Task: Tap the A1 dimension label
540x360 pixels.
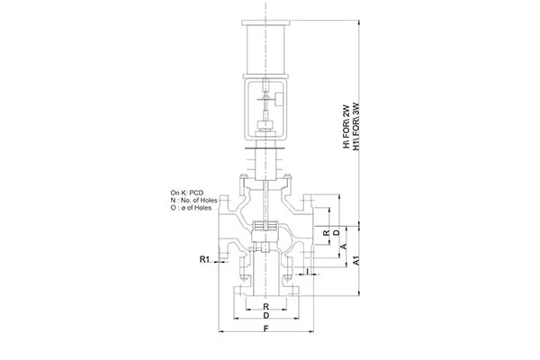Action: click(356, 260)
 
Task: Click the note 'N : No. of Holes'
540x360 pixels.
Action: click(196, 201)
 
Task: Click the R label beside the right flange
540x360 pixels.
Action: click(326, 232)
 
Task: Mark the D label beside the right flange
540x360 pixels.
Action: click(336, 232)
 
